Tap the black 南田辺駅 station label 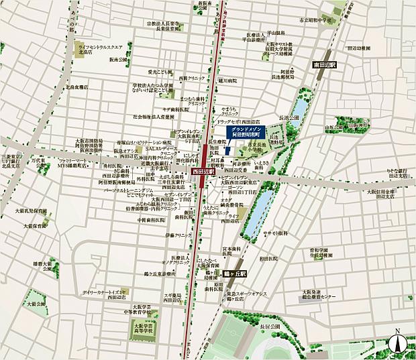point(325,64)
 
